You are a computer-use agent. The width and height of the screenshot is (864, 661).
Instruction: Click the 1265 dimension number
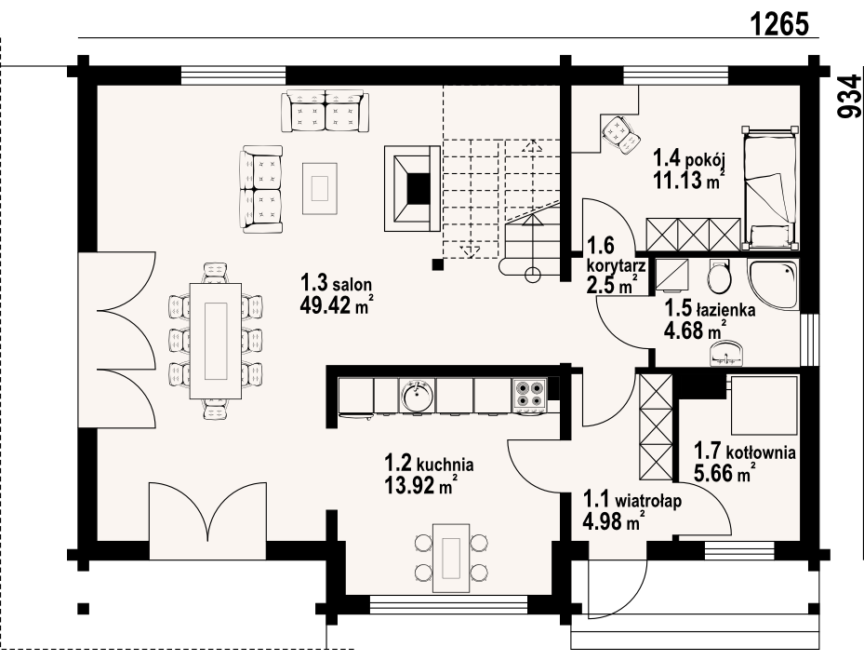779,23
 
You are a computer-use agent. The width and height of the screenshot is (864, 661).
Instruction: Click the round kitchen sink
418,395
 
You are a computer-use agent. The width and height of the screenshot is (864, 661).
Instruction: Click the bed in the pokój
770,188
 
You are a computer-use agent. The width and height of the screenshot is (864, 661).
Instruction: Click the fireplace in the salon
413,188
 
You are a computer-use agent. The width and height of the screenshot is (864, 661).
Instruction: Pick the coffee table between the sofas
319,188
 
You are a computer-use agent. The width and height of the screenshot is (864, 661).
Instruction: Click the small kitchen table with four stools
451,558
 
